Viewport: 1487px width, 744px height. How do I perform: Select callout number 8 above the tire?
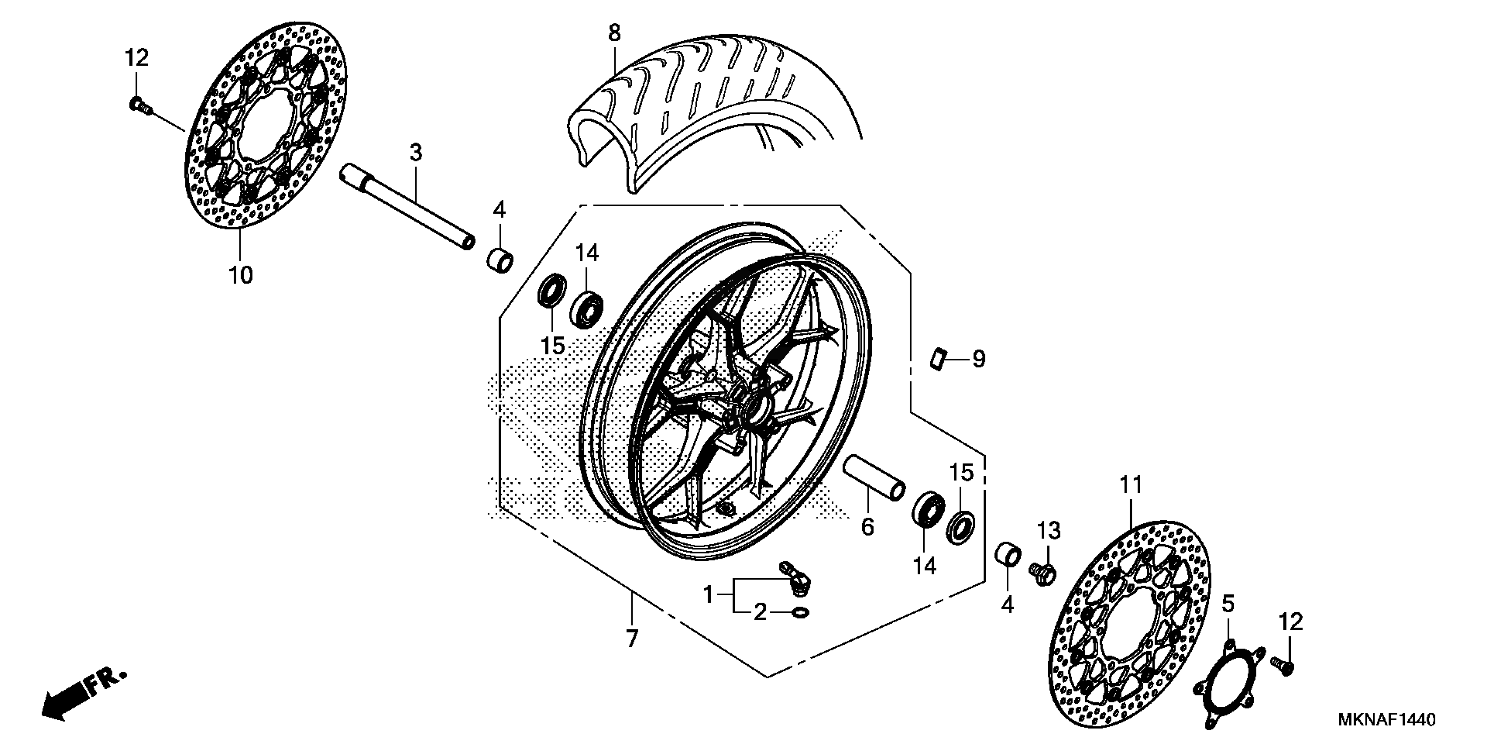coord(614,33)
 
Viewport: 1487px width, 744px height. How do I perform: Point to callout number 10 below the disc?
coord(241,276)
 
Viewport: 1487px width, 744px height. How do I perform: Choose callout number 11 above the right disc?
coord(1131,484)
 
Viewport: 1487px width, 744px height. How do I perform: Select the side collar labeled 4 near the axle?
coord(500,260)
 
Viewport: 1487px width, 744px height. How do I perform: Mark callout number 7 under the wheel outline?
coord(632,639)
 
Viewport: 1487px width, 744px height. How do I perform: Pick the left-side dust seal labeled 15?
coord(552,291)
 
